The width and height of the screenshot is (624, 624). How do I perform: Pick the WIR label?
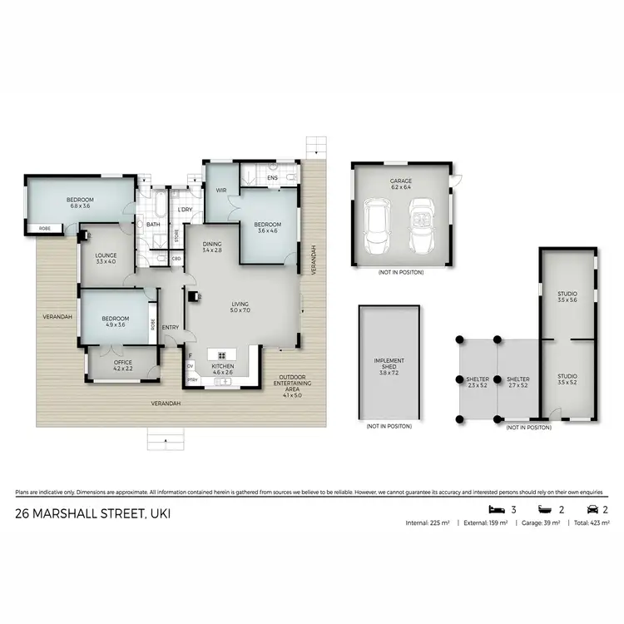tap(221, 191)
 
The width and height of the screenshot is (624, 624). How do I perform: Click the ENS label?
tap(273, 178)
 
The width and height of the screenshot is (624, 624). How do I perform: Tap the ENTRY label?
tap(171, 327)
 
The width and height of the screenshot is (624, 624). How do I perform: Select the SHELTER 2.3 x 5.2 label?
tap(477, 383)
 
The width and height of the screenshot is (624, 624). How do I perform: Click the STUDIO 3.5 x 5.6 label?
tap(567, 297)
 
